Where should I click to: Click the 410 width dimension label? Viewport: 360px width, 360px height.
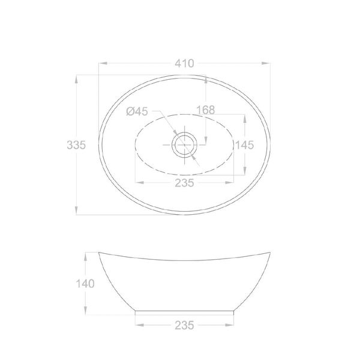[x=184, y=64]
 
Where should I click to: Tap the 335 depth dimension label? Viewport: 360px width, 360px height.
[x=76, y=145]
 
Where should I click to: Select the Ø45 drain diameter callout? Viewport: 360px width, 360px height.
[x=137, y=112]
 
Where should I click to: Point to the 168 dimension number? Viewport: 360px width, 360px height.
[x=206, y=110]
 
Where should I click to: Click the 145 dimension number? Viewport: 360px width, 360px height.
[x=245, y=145]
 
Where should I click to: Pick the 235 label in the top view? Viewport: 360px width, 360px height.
[x=184, y=183]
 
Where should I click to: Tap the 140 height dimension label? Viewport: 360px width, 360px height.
[x=85, y=284]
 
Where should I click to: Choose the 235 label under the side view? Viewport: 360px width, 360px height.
[x=184, y=325]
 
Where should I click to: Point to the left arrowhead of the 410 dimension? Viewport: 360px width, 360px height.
[x=103, y=64]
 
